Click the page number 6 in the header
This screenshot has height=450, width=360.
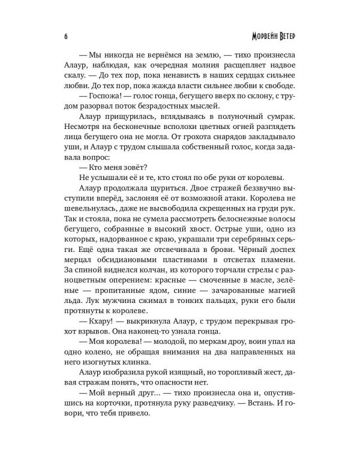click(x=64, y=33)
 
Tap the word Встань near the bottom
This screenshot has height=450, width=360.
click(x=273, y=428)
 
